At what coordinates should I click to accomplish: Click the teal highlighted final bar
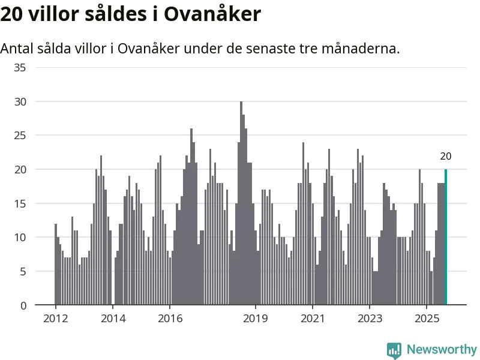pyautogui.click(x=445, y=237)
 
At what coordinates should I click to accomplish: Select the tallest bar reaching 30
pyautogui.click(x=241, y=204)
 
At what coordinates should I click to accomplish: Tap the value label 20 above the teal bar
pyautogui.click(x=445, y=157)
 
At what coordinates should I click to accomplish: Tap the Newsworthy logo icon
pyautogui.click(x=394, y=350)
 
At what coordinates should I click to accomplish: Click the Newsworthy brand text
pyautogui.click(x=442, y=349)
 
